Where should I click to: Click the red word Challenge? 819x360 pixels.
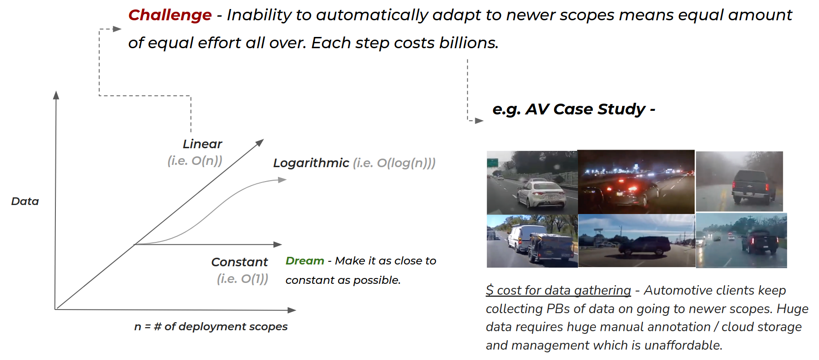click(170, 15)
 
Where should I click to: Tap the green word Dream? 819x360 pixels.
click(305, 261)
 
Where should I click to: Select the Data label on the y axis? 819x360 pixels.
click(25, 201)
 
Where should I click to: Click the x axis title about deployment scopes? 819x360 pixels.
click(211, 327)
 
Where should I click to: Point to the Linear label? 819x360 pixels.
click(202, 144)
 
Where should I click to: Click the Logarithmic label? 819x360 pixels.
click(311, 163)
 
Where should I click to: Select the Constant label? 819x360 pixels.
click(239, 262)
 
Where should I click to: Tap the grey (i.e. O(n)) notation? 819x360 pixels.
click(195, 161)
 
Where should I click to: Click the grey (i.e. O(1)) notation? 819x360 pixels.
click(242, 279)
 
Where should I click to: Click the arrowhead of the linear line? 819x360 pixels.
click(260, 142)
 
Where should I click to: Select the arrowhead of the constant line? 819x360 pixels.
click(278, 244)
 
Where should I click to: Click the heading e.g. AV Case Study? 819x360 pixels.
click(573, 109)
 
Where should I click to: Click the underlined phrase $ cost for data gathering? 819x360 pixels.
click(558, 291)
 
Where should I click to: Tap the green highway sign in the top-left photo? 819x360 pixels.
click(492, 162)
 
